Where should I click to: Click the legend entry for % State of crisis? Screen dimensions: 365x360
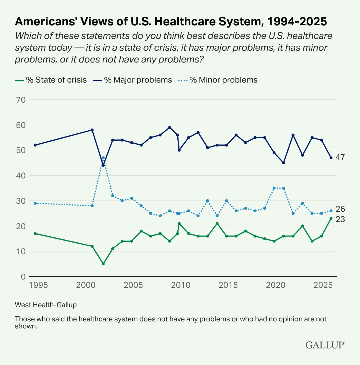tap(51, 80)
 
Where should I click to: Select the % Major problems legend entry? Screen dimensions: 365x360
tap(132, 80)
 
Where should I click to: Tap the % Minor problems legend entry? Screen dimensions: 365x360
tap(218, 80)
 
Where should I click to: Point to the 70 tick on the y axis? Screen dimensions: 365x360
tap(21, 100)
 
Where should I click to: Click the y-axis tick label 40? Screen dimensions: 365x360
tap(21, 175)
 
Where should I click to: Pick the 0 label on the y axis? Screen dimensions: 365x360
tap(23, 277)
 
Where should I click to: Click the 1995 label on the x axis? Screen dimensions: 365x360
tap(38, 285)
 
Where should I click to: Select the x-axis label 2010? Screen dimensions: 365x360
tap(181, 285)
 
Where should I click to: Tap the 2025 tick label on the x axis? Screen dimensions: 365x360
tap(323, 285)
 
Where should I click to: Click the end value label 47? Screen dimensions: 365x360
tap(340, 157)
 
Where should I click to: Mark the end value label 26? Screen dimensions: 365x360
tap(340, 209)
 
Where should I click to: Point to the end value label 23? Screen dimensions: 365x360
tap(340, 219)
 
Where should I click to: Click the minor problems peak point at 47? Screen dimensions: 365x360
tap(103, 158)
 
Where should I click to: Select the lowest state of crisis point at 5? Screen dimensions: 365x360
tap(103, 264)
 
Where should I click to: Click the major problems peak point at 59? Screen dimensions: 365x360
tap(169, 127)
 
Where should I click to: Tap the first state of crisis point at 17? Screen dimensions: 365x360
tap(35, 234)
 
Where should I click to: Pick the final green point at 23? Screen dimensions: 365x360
tap(331, 218)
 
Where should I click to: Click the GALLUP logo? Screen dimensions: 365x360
tap(325, 345)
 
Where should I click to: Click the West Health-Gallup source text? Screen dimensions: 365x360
tap(46, 305)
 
